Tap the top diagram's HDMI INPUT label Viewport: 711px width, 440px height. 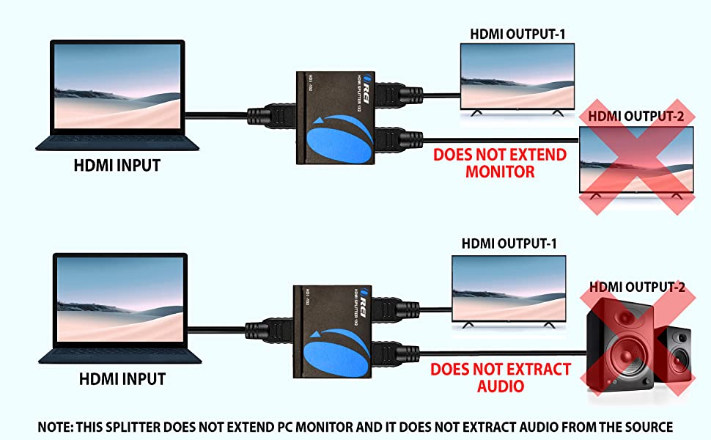click(117, 165)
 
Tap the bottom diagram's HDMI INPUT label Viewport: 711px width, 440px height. click(122, 379)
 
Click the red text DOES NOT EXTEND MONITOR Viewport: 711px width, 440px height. click(499, 164)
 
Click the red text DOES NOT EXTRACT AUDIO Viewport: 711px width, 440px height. click(500, 377)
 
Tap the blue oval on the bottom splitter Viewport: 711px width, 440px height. click(337, 353)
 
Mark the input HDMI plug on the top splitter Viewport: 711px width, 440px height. click(268, 116)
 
